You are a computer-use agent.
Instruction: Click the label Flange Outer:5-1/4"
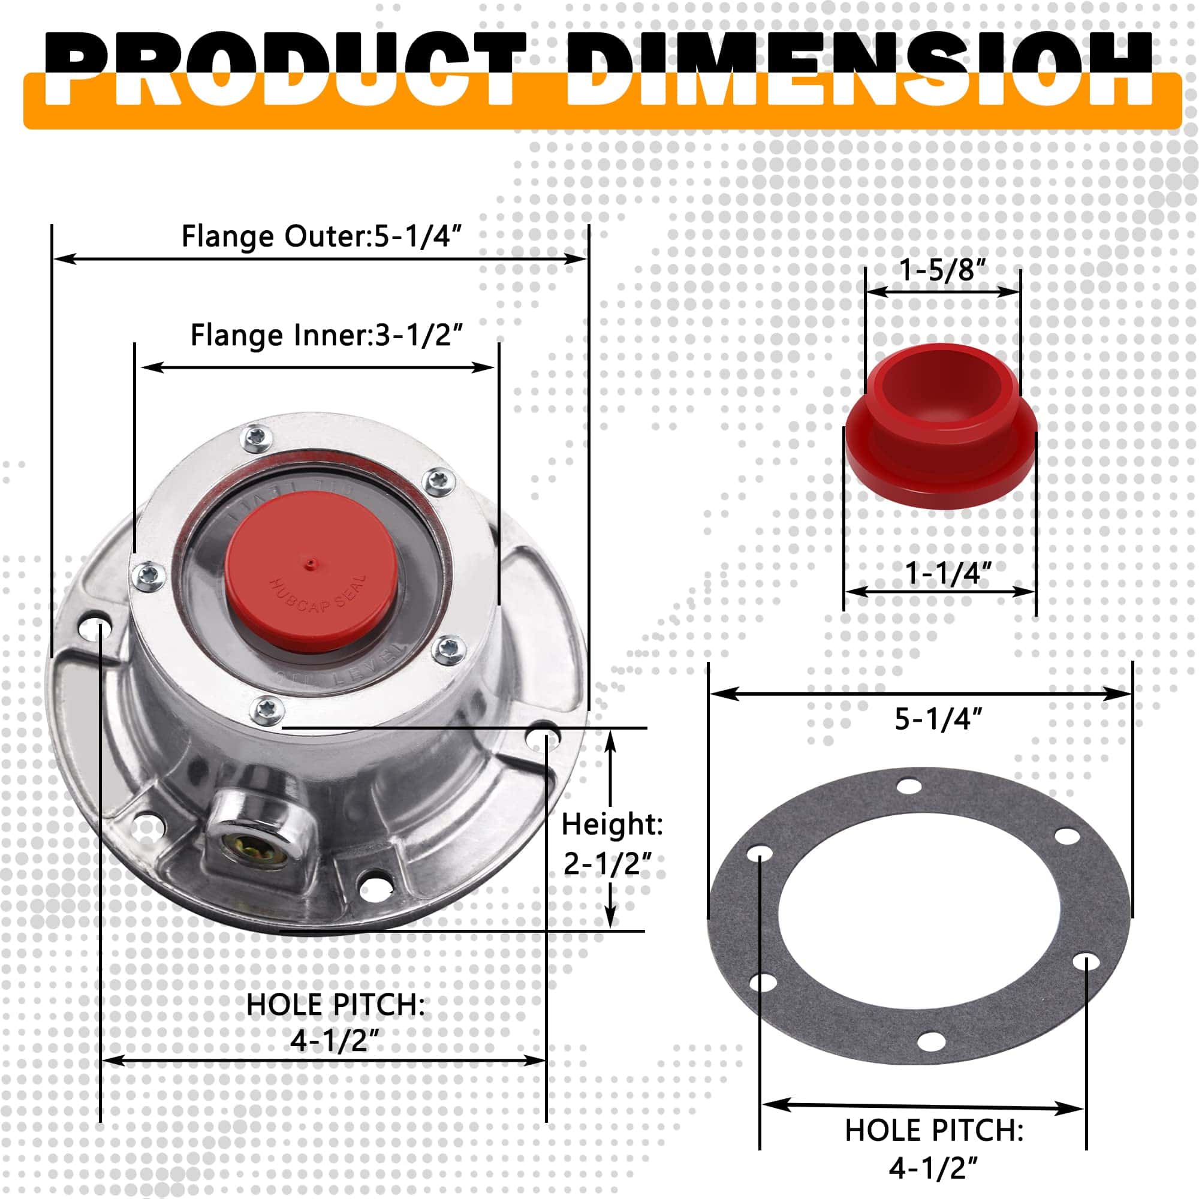tap(322, 236)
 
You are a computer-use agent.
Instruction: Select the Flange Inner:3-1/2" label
tap(327, 336)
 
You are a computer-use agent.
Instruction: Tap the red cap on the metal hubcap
tap(311, 580)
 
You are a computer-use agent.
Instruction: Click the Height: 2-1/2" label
tap(611, 844)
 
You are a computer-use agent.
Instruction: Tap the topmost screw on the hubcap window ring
tap(257, 439)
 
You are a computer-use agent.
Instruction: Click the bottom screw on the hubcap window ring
tap(268, 709)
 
